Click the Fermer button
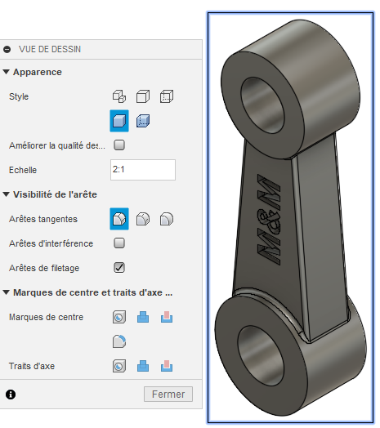(x=168, y=395)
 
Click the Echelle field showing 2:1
(x=142, y=170)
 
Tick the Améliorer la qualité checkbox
(x=119, y=145)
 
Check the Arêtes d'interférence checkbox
(x=119, y=243)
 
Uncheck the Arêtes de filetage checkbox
(x=119, y=267)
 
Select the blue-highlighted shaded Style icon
(x=119, y=121)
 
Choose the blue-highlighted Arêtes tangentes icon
(x=119, y=218)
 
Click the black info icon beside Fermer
(x=11, y=395)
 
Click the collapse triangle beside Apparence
(x=7, y=72)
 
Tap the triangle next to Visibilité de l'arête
(x=7, y=194)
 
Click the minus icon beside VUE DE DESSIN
(x=7, y=49)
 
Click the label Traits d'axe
(x=32, y=367)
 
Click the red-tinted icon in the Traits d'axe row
(x=167, y=367)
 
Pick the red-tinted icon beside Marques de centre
(x=167, y=317)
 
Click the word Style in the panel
(x=19, y=96)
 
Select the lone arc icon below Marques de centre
(x=119, y=341)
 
